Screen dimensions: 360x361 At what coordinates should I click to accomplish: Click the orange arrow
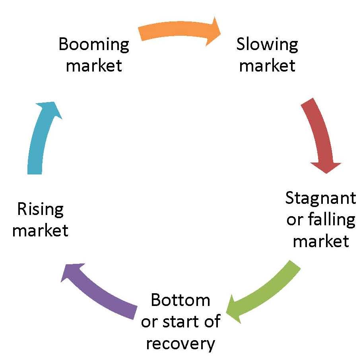point(179,30)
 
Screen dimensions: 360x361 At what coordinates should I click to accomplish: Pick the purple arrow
point(99,290)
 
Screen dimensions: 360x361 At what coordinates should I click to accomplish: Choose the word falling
point(332,220)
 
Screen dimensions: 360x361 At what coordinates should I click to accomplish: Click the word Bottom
point(180,300)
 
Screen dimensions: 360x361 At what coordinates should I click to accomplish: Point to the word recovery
point(180,343)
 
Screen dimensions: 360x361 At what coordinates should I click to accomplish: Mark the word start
point(183,321)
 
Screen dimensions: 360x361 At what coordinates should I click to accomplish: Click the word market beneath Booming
point(94,65)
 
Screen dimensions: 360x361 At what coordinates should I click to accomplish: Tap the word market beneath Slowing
point(267,65)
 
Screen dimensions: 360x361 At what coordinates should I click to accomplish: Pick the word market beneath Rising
point(41,230)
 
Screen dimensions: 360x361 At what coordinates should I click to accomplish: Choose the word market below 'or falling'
point(321,241)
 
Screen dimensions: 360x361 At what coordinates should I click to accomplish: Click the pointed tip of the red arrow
point(327,172)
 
